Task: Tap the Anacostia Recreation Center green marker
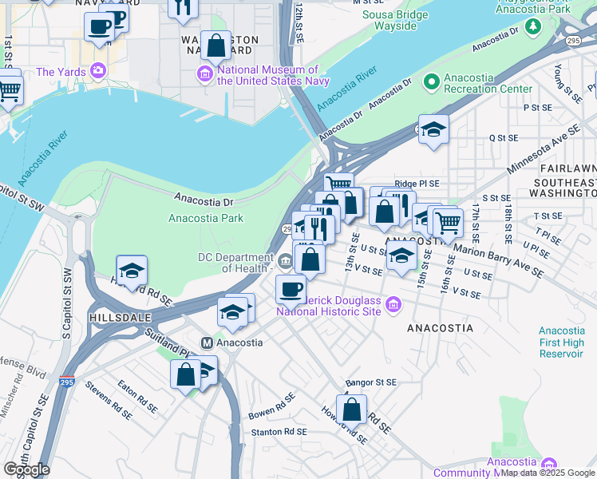(x=432, y=81)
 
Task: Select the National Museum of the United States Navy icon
(x=205, y=75)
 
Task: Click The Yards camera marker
(x=98, y=72)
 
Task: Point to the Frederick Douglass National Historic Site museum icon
(x=392, y=304)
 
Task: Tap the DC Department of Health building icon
(x=285, y=259)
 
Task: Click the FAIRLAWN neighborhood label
(x=567, y=169)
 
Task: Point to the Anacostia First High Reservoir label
(x=567, y=342)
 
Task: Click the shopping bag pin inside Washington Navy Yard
(x=215, y=46)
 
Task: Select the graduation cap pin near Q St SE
(x=433, y=129)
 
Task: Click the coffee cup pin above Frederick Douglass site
(x=291, y=288)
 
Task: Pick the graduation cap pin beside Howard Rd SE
(x=132, y=270)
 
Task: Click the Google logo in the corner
(x=26, y=469)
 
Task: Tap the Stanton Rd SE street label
(x=277, y=432)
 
